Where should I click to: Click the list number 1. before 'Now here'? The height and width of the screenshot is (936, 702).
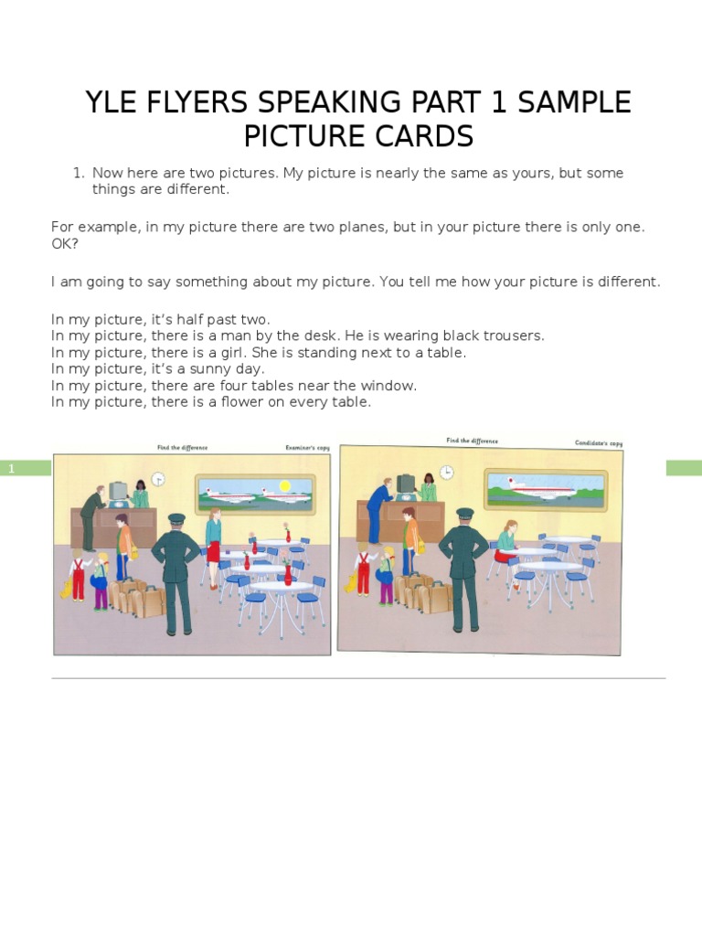click(x=79, y=173)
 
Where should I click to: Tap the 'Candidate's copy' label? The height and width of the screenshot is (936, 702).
click(x=598, y=443)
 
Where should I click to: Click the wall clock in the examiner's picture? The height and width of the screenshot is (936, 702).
click(x=158, y=478)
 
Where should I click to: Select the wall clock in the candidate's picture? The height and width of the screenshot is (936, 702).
click(x=446, y=472)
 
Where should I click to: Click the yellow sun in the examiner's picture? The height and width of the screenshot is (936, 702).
click(x=284, y=485)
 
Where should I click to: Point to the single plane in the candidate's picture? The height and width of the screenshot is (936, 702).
click(x=544, y=488)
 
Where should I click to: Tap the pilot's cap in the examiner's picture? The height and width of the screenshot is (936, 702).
click(x=176, y=519)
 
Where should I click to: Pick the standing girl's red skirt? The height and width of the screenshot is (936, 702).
click(x=213, y=551)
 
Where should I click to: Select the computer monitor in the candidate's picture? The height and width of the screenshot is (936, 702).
click(x=405, y=482)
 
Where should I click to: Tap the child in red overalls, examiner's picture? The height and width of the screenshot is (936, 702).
click(x=79, y=576)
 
